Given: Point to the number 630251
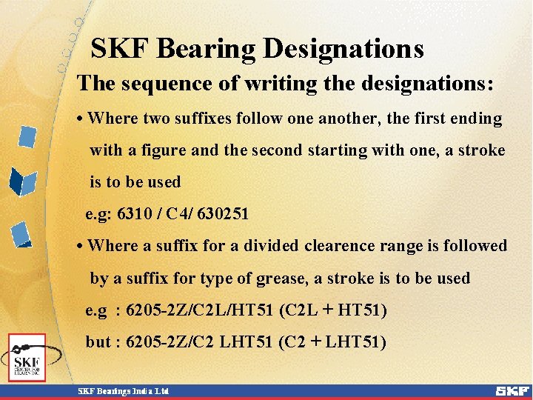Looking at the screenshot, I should click(x=223, y=214).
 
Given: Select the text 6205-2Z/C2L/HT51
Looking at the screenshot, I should click(x=200, y=310).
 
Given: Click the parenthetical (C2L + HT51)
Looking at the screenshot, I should click(x=333, y=310).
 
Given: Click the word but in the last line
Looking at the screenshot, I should click(x=98, y=342).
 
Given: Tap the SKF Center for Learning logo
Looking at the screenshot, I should click(x=27, y=359).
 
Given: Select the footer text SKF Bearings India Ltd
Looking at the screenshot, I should click(x=124, y=390).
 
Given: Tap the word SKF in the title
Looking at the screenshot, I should click(x=119, y=50).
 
